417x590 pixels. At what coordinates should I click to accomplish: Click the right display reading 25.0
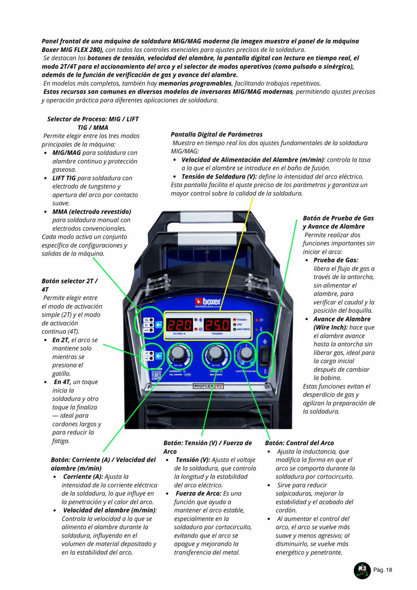[x=217, y=325]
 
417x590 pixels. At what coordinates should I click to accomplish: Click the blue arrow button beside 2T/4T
[x=159, y=356]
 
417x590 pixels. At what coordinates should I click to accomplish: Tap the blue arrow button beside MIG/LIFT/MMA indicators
[x=159, y=325]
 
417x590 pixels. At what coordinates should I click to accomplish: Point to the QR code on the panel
[x=156, y=375]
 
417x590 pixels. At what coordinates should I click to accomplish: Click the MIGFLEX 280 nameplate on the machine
[x=208, y=386]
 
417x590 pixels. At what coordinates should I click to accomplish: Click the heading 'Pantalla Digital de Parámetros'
[x=217, y=134]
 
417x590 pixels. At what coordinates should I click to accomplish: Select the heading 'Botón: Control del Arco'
[x=300, y=443]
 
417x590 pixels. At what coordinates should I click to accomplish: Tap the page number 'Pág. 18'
[x=382, y=570]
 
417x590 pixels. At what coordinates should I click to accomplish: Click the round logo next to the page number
[x=362, y=570]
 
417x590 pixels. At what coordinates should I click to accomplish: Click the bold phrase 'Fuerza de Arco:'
[x=199, y=494]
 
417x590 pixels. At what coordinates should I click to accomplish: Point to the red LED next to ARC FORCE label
[x=235, y=329]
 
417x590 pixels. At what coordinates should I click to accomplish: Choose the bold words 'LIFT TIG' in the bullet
[x=64, y=178]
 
